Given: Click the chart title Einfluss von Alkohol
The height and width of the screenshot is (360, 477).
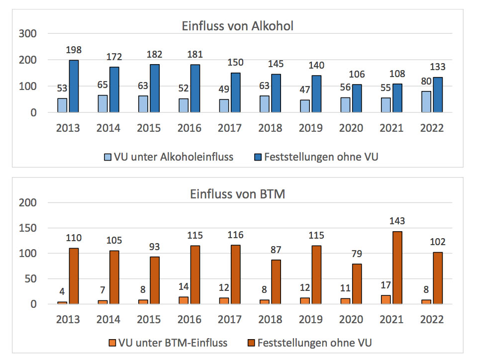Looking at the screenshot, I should click(x=237, y=26).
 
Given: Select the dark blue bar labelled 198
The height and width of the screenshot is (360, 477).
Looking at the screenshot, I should click(x=74, y=87).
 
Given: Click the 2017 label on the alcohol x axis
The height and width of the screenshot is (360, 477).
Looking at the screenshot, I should click(x=229, y=128).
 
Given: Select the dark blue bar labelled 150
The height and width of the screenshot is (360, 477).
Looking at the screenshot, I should click(x=235, y=93).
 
